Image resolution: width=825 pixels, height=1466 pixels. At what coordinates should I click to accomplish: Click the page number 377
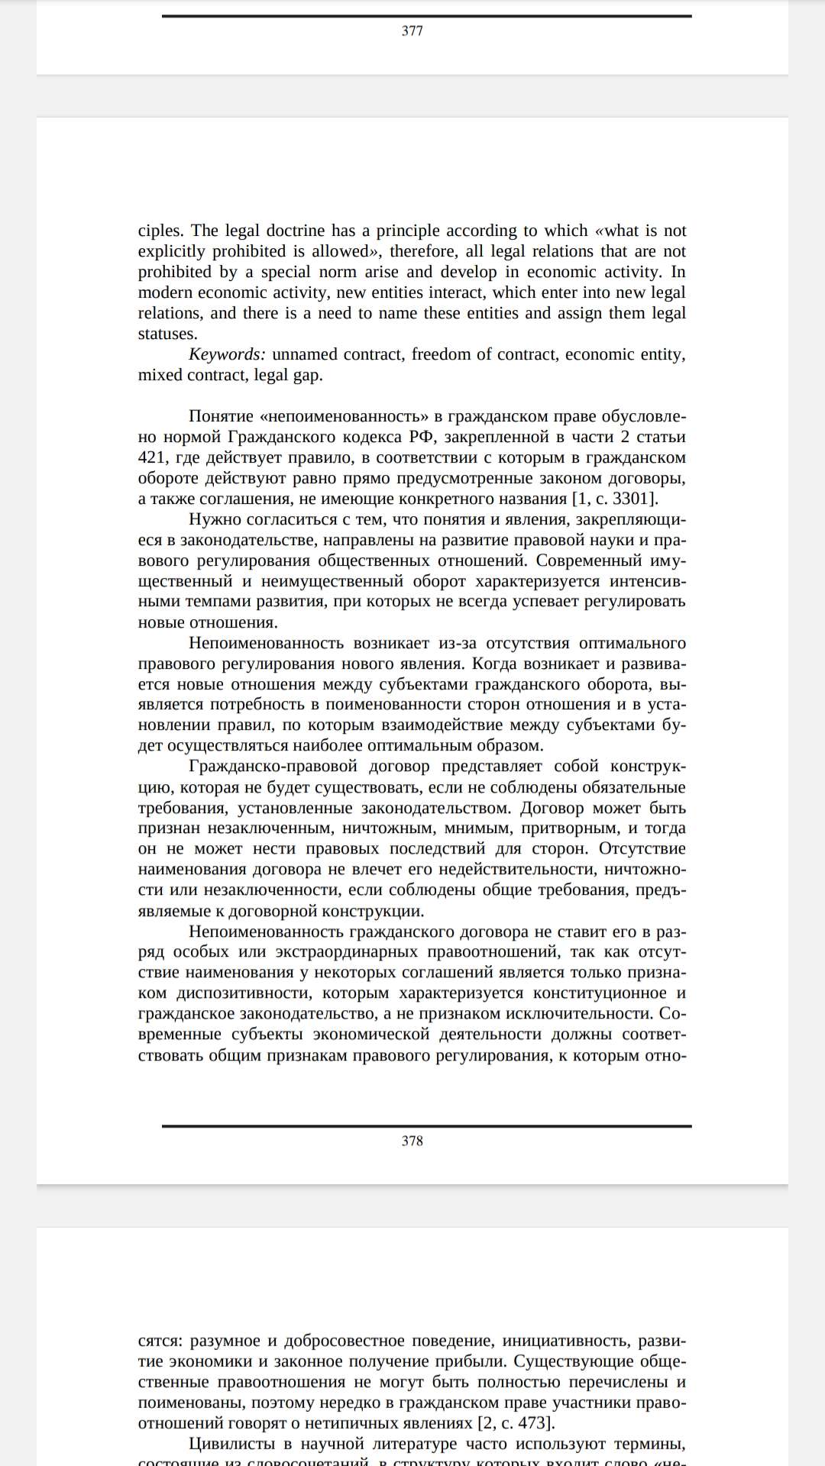click(x=412, y=31)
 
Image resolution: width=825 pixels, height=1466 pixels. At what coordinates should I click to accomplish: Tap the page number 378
click(x=412, y=1141)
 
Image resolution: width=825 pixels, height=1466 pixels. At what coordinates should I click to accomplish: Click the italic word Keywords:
click(x=227, y=354)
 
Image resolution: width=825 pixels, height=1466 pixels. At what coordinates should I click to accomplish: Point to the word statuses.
click(x=167, y=334)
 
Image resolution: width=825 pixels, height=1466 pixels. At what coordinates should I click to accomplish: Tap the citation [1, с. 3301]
click(x=614, y=499)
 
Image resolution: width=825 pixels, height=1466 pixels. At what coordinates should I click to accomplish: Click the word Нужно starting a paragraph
click(x=215, y=520)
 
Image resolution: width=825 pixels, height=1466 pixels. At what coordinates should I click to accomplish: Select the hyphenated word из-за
click(x=458, y=644)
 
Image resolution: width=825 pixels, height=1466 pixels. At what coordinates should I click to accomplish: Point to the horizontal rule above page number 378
click(x=426, y=1125)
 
